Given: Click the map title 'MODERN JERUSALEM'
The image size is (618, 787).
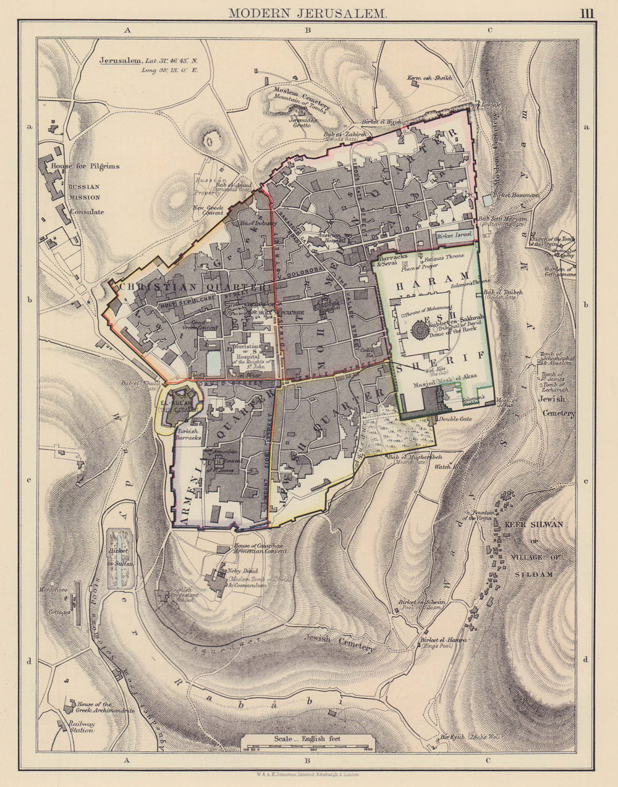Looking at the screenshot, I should click(307, 12).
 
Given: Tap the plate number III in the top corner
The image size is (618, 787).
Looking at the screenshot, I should click(586, 12).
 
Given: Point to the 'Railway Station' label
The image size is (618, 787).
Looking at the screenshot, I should click(81, 726).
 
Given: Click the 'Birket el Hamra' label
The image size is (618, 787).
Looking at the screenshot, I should click(443, 641).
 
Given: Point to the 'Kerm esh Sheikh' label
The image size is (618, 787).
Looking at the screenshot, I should click(430, 78).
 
